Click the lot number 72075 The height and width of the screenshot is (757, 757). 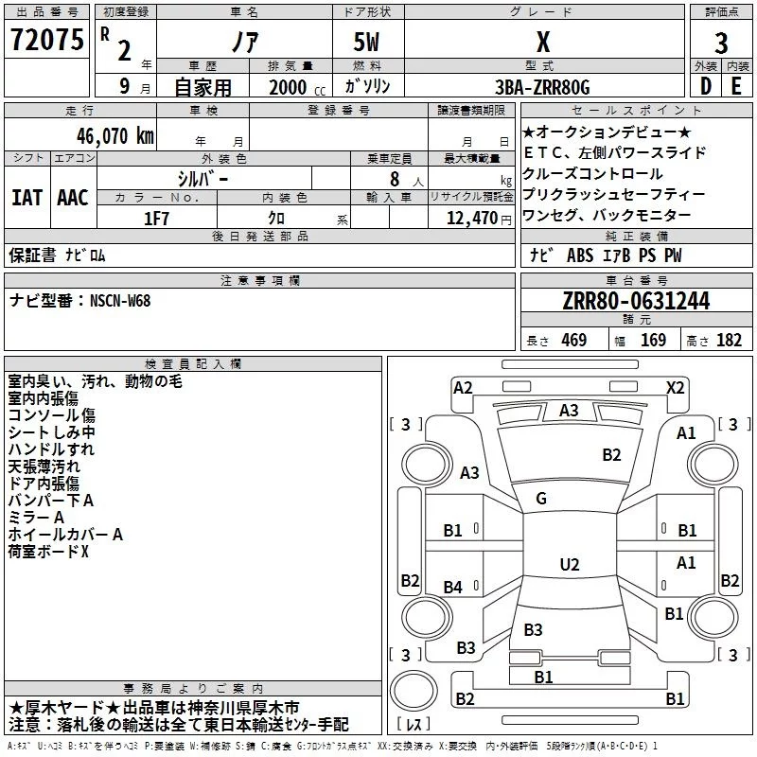point(46,40)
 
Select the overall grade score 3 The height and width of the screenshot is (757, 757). point(721,43)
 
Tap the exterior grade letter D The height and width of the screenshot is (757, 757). point(706,86)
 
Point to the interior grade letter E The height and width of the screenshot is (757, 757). point(736,86)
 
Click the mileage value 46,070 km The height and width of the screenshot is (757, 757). point(114,136)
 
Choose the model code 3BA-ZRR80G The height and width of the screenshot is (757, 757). point(542,87)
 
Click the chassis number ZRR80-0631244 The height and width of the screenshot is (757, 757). point(636,301)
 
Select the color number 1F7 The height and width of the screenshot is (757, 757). point(156,219)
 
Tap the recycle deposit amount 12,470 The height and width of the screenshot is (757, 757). point(471,219)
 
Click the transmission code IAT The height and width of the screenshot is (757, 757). point(26,198)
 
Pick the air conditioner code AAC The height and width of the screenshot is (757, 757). point(73,198)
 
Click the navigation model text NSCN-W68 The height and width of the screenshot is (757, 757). point(120,301)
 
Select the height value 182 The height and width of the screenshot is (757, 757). point(729,340)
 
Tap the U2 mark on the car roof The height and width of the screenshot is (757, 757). point(570,564)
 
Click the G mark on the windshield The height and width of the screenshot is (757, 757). point(541,499)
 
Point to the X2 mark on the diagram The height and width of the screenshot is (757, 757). point(676,388)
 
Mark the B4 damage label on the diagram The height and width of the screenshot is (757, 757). point(453,588)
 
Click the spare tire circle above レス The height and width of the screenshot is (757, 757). point(414,690)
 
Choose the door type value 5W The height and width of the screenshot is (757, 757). point(366,42)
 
